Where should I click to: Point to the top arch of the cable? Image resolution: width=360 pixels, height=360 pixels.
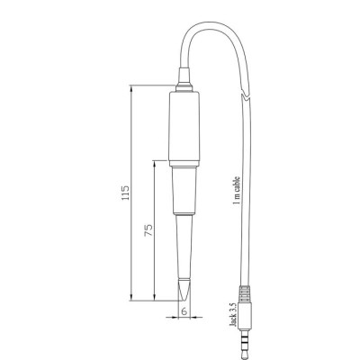tap(211, 28)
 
